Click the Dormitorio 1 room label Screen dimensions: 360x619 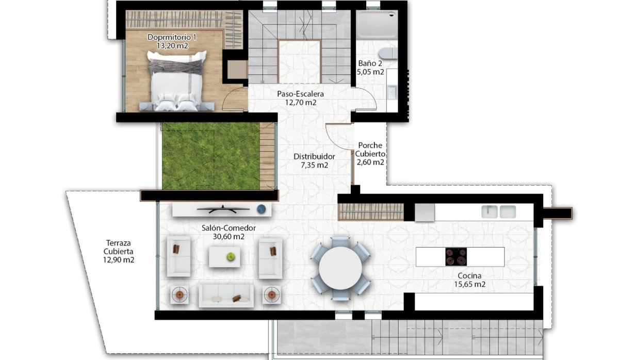click(172, 38)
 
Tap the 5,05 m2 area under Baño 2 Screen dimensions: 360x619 click(371, 72)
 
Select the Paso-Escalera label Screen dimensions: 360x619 click(300, 94)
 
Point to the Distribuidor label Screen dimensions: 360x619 click(314, 156)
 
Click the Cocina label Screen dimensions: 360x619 click(469, 276)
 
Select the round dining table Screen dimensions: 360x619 click(340, 268)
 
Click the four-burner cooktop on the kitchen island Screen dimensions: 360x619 click(456, 256)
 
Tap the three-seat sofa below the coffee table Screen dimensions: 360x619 click(225, 296)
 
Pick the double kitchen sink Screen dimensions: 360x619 click(499, 211)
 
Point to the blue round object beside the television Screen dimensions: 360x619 click(261, 209)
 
